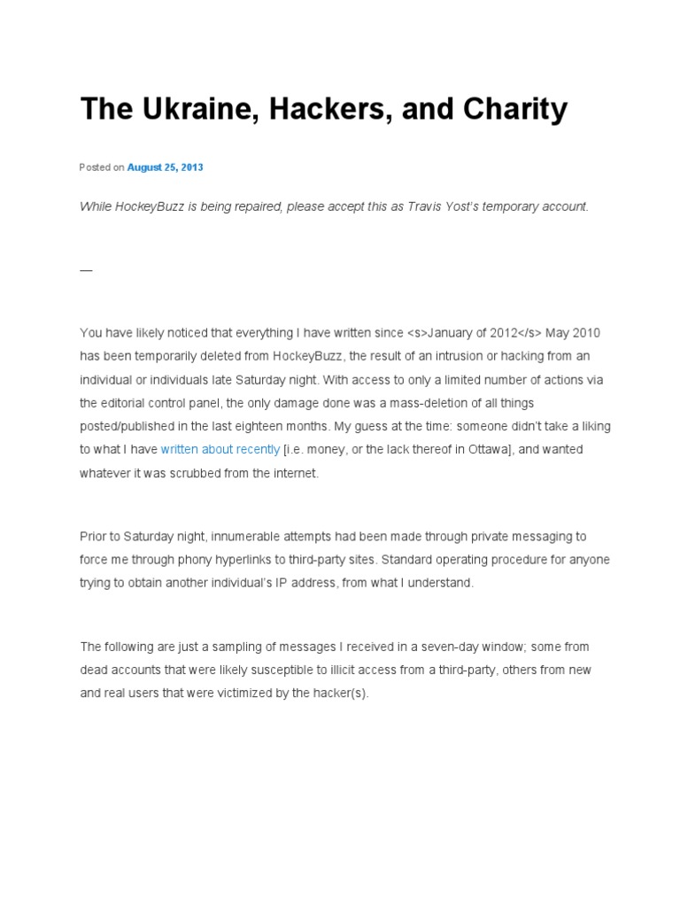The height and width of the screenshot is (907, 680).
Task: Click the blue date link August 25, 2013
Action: (x=165, y=167)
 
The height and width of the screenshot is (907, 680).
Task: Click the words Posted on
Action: (x=102, y=167)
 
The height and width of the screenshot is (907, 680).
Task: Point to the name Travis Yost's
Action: (x=438, y=206)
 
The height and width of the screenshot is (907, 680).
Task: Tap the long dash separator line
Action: (x=86, y=269)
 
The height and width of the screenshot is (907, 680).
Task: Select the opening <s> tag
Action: (x=416, y=333)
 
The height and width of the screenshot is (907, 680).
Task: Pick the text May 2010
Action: (x=573, y=333)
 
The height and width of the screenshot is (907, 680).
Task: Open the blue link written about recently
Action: (x=220, y=449)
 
